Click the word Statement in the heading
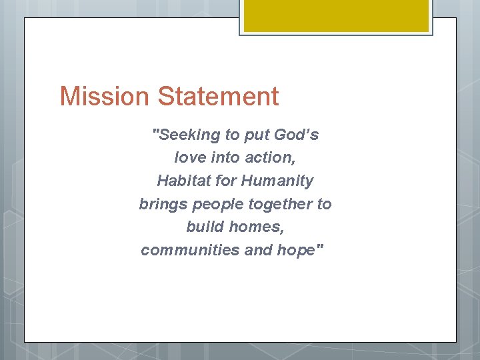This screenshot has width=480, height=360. point(218,97)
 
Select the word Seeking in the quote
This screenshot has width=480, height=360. point(187,135)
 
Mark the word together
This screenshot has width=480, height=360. point(280,205)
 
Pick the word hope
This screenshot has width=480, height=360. point(303,251)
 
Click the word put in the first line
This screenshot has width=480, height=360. point(256,135)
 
